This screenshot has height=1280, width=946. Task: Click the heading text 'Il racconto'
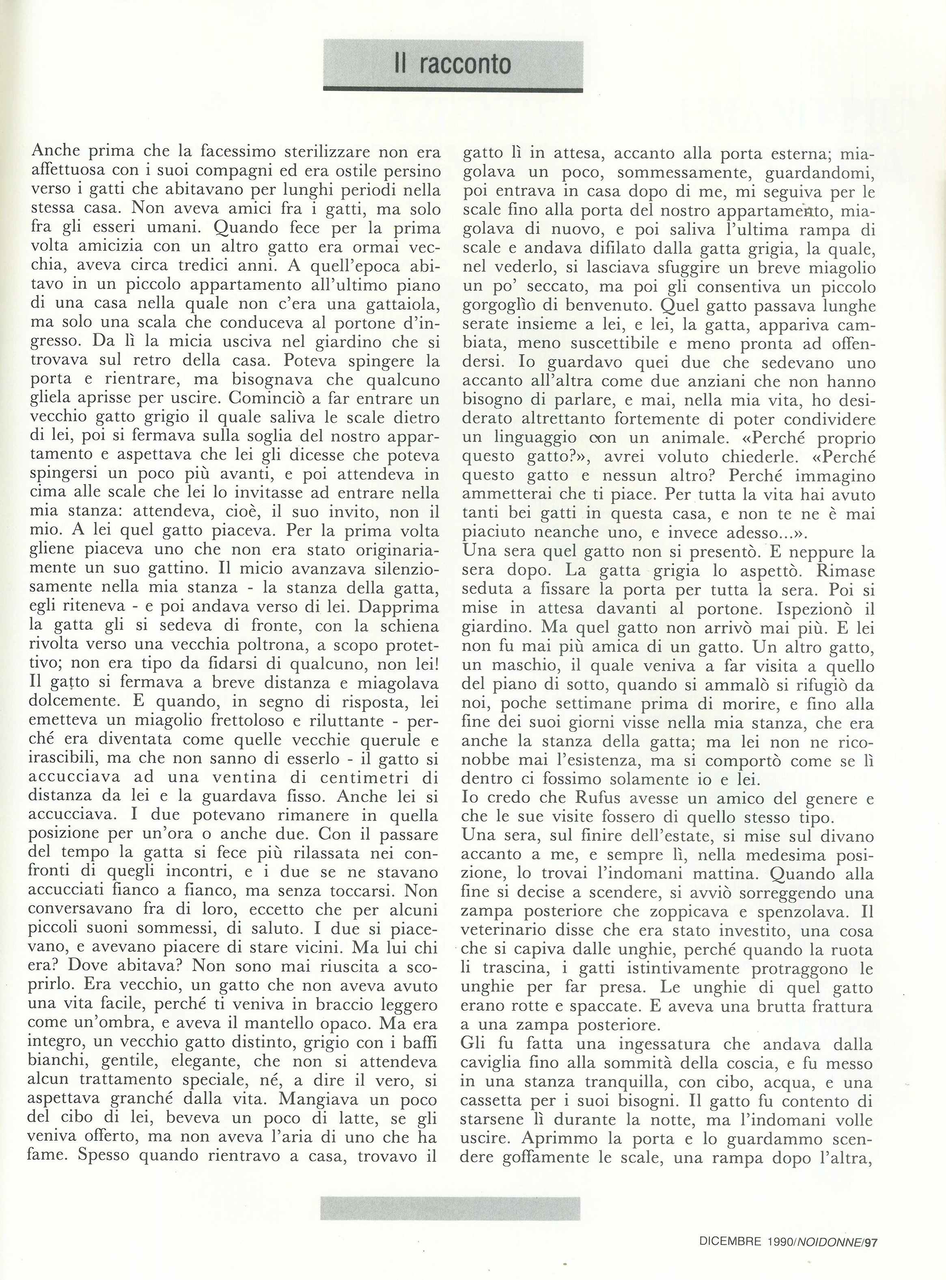[x=453, y=64]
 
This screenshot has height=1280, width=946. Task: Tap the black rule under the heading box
[x=453, y=89]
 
